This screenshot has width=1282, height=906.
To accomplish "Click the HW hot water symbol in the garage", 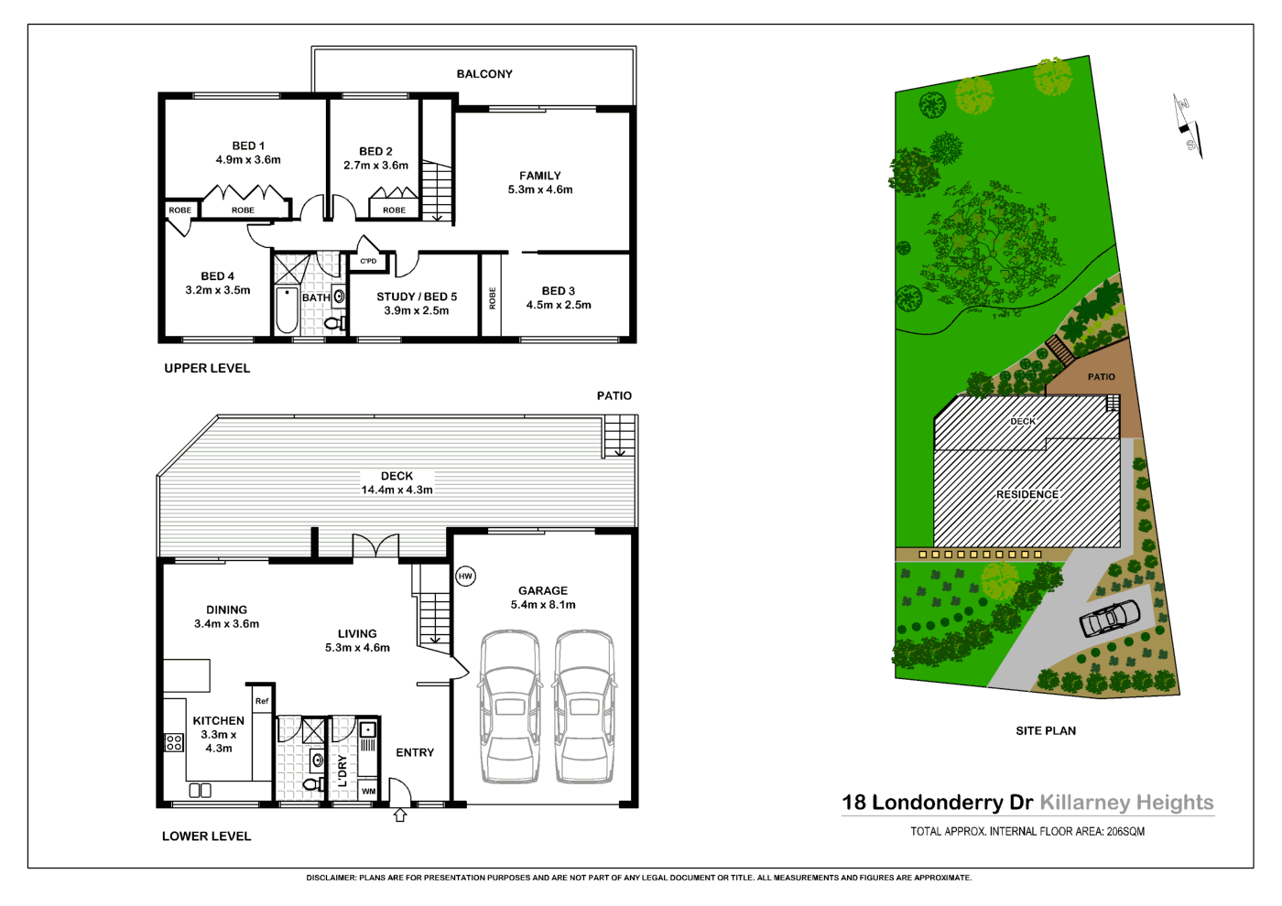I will pos(465,576).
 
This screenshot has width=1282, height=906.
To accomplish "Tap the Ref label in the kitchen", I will pos(262,701).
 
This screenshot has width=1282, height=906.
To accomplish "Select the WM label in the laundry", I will pos(368,792).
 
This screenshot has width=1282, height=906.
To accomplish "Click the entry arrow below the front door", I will pos(400,814).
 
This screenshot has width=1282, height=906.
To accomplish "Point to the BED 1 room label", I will pos(248,146).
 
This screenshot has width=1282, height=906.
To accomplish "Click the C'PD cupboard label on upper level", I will pos(368,262).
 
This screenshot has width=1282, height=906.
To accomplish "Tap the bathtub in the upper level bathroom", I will pos(287,310).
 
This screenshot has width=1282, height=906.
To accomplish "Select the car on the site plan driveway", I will pos(1110,619).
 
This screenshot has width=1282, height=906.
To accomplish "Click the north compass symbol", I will pos(1188,126).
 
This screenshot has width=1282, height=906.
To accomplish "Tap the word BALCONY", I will pos(484,74).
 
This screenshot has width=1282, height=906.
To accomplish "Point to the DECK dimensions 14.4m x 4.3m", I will pos(397,490).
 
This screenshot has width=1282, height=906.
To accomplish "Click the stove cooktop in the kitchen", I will pos(174,742).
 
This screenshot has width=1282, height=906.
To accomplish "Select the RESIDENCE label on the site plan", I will pos(1027,494).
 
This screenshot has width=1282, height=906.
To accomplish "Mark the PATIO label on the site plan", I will pos(1101,377).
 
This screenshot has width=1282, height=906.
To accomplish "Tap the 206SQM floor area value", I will pos(1125,832).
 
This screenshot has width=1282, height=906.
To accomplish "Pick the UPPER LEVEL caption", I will pos(207,368).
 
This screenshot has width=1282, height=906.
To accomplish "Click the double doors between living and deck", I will pos(376,547).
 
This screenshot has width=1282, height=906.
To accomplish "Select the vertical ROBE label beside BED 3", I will pos(493,297).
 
